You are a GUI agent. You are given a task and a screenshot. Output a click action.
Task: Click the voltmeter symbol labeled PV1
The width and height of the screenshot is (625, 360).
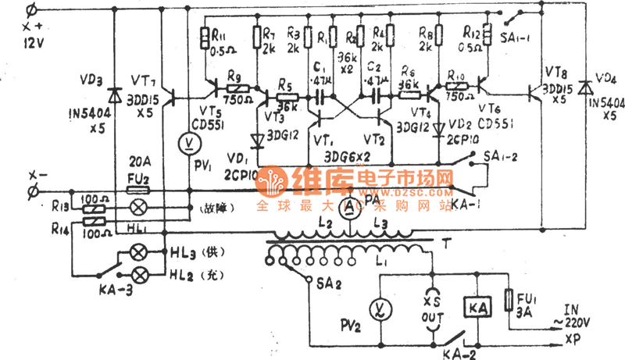188,143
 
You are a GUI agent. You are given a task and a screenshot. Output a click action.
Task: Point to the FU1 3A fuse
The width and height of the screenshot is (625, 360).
512,300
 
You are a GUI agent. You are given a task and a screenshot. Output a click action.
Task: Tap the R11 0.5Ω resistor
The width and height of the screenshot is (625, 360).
204,37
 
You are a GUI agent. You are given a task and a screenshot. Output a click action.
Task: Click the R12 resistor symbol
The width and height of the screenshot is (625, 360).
485,35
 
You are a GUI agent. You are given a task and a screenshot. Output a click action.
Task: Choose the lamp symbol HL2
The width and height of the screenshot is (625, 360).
141,275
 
